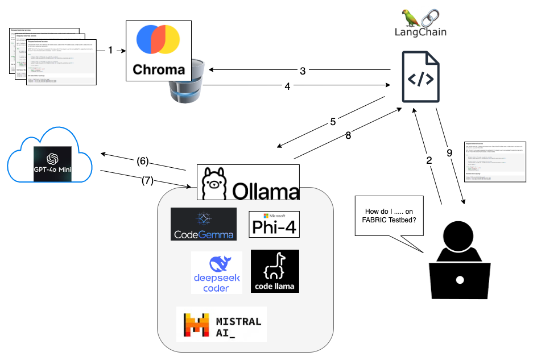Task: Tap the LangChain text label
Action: [420, 32]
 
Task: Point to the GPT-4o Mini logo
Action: [55, 163]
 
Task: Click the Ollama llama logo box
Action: [248, 182]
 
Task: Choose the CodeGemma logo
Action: [203, 224]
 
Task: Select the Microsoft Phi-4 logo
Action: [274, 224]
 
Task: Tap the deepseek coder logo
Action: [216, 272]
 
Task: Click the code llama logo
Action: [275, 271]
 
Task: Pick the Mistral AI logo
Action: [221, 324]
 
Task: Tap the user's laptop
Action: [460, 280]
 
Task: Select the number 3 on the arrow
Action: [303, 71]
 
